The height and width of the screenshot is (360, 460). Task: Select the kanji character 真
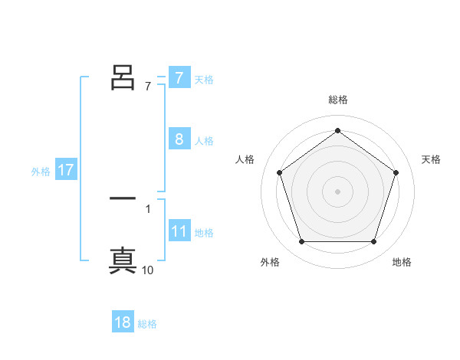(123, 260)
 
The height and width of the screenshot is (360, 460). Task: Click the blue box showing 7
(179, 77)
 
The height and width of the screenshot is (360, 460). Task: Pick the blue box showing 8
(179, 139)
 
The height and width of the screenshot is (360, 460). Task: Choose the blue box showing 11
(179, 231)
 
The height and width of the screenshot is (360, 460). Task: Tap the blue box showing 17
(66, 170)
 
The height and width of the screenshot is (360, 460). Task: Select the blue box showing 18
(123, 322)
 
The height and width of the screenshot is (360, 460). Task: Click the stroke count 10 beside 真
(148, 270)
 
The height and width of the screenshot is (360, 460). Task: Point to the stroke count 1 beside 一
(148, 208)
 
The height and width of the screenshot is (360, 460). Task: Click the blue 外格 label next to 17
(41, 172)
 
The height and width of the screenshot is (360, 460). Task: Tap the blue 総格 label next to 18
(147, 324)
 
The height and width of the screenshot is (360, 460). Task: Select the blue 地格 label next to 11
(204, 233)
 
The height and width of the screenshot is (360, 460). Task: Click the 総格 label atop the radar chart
(337, 100)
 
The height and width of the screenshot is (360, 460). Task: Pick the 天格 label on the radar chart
(432, 159)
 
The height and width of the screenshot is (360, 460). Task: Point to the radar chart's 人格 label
(245, 159)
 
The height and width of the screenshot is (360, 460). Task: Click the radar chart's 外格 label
(269, 262)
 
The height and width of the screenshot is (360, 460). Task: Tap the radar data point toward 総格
(337, 130)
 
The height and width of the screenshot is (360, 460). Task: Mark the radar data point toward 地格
(374, 242)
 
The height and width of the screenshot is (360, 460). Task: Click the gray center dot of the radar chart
(337, 191)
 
